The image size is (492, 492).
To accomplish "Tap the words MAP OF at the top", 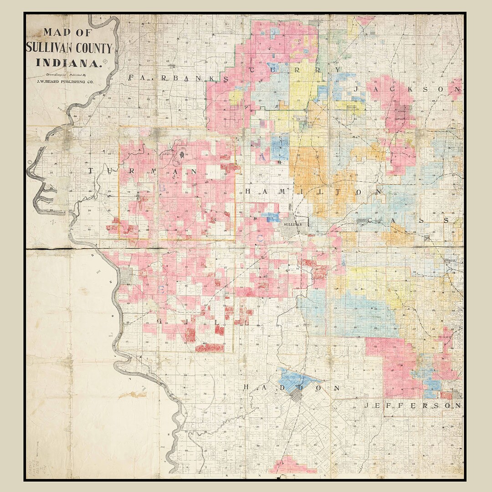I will [x=68, y=33].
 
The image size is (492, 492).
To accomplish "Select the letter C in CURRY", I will [x=254, y=70].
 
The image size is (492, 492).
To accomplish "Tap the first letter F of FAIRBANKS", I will [x=131, y=78].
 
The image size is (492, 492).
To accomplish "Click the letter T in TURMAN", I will [x=91, y=171].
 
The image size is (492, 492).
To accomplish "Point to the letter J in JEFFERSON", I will [x=367, y=405].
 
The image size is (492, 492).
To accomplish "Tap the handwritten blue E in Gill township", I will [x=160, y=289].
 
